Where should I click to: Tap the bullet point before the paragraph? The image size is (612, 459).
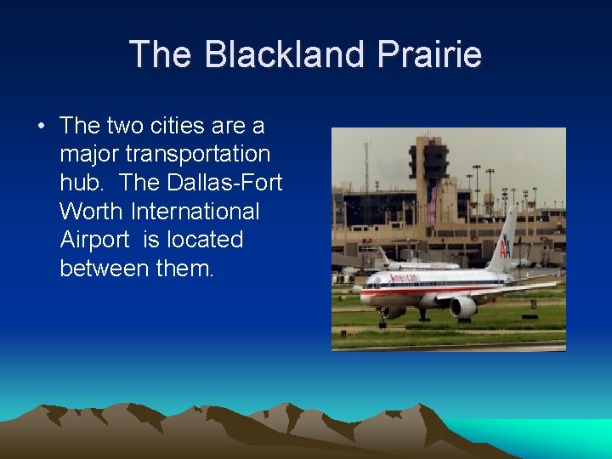click(x=41, y=127)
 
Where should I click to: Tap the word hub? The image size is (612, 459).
click(x=82, y=183)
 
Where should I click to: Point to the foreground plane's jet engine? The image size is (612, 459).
click(x=463, y=307)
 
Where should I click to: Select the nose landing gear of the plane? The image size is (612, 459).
click(x=382, y=321)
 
